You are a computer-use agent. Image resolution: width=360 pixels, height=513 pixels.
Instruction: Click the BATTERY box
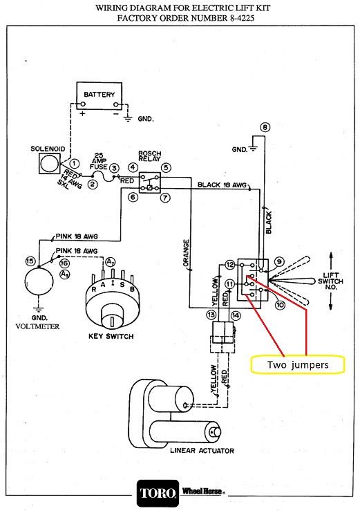tap(99, 95)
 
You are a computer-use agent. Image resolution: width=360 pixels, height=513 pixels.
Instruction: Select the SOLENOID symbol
tap(50, 163)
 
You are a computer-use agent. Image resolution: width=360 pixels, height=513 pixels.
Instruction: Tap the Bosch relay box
tap(150, 183)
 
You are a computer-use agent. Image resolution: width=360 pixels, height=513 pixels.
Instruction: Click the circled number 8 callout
tap(265, 127)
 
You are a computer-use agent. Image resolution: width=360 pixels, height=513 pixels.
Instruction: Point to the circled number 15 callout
tap(30, 261)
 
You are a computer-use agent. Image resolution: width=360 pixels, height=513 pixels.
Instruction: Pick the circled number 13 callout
tap(211, 315)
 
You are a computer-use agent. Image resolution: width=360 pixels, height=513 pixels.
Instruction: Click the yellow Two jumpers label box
tap(298, 364)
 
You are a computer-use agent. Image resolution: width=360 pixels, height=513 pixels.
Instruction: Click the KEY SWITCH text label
tap(111, 336)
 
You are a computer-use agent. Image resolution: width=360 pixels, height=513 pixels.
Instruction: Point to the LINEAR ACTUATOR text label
tap(202, 451)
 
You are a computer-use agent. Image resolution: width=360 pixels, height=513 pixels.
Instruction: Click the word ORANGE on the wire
tap(186, 253)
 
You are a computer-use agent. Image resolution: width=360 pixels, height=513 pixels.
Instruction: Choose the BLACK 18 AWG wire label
tap(222, 185)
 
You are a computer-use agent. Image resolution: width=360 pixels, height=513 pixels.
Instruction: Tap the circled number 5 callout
tap(166, 168)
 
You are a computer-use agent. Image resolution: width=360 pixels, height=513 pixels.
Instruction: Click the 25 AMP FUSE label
tap(99, 161)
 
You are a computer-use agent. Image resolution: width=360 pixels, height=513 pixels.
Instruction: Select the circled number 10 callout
tap(280, 306)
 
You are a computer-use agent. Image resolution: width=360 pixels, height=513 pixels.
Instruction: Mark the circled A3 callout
tap(64, 274)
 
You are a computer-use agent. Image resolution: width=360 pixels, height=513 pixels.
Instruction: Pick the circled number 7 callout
tap(165, 198)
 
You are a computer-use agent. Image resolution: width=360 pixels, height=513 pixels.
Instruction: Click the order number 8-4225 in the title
tap(240, 18)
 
